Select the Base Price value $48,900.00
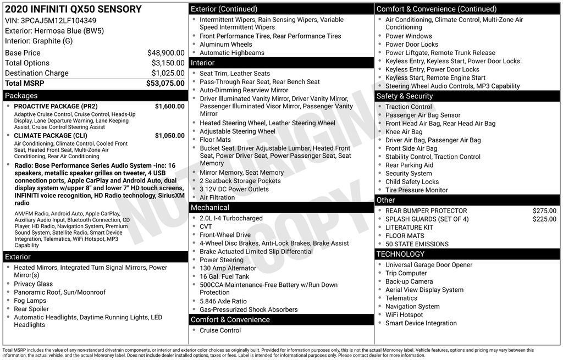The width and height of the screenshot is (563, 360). [x=165, y=53]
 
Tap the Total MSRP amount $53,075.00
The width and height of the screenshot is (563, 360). [x=165, y=83]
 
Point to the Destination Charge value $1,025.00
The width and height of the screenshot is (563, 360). [x=168, y=73]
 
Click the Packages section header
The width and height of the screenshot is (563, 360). [x=21, y=96]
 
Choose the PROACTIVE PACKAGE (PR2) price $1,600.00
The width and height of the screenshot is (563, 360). [x=169, y=106]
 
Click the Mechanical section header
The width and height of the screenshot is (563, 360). [x=209, y=208]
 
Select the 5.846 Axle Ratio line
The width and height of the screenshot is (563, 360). [x=223, y=301]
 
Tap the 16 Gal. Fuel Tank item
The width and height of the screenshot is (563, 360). [x=224, y=276]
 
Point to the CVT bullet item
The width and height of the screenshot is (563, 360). [x=206, y=226]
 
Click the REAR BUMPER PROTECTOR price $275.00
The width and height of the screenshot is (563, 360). [x=544, y=211]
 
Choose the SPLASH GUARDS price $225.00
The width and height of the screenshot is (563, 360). [x=544, y=219]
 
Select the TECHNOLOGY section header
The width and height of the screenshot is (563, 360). [x=400, y=254]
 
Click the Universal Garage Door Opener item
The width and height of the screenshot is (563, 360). [x=429, y=265]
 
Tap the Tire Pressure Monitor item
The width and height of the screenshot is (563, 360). [x=416, y=190]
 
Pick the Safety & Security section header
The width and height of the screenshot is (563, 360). [x=405, y=96]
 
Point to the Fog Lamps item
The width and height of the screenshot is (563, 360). [x=30, y=301]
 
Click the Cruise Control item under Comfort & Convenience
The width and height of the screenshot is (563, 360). [x=220, y=330]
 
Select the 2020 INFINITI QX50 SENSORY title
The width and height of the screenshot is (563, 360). [x=73, y=9]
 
